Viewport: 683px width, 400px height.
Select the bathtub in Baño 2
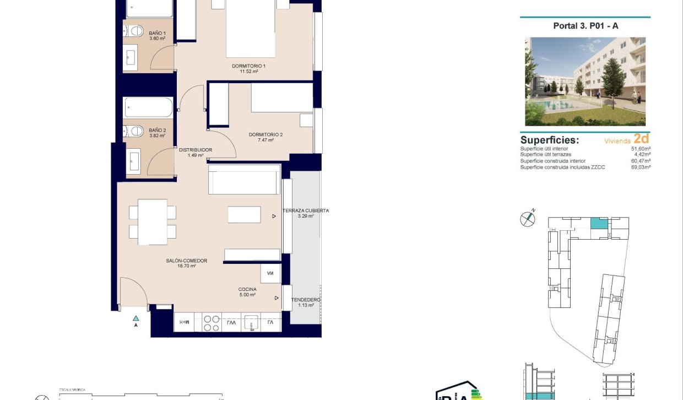(148, 107)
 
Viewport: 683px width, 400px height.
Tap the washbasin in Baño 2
(134, 163)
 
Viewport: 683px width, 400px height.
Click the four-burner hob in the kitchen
(212, 322)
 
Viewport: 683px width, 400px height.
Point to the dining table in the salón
(153, 221)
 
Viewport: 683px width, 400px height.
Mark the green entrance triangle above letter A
(135, 318)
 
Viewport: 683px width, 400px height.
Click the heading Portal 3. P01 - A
(585, 26)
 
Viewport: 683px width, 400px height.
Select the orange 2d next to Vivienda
(641, 139)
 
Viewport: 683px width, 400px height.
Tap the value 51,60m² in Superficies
(641, 149)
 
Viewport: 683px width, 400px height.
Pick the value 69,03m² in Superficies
(641, 167)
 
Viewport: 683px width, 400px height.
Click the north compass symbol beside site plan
(528, 219)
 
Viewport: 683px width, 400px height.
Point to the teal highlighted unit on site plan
(598, 224)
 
